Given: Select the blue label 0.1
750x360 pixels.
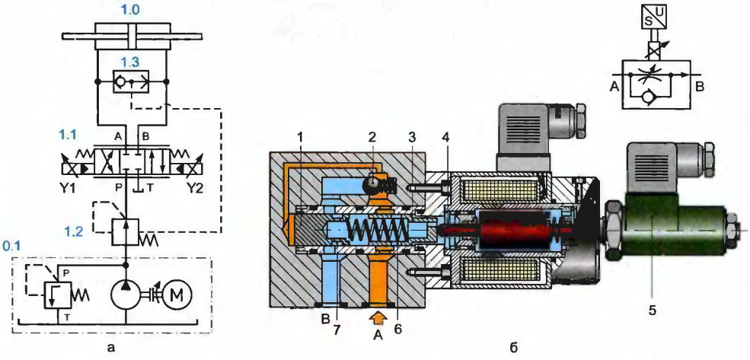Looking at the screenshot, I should (x=11, y=247).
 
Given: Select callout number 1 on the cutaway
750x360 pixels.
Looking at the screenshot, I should (x=302, y=135).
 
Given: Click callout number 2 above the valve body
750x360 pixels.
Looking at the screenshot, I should (x=372, y=135).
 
